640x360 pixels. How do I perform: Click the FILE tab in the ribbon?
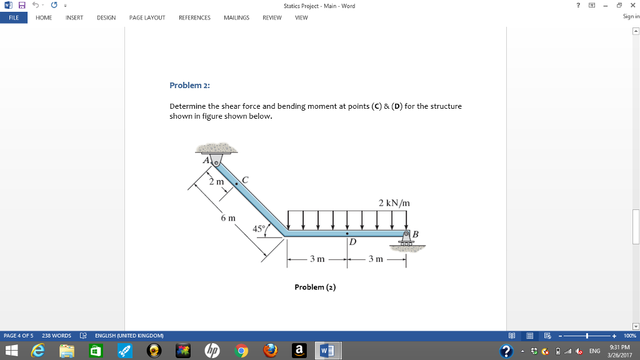click(13, 17)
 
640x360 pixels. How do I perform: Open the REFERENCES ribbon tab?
click(194, 17)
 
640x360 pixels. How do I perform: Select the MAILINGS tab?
click(236, 17)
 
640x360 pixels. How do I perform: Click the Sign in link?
click(631, 17)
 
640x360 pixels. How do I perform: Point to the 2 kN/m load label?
click(394, 203)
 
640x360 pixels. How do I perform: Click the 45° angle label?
click(259, 228)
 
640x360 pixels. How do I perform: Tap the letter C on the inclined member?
click(245, 180)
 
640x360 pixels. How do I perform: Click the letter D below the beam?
click(352, 241)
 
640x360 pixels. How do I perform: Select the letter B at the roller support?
click(416, 234)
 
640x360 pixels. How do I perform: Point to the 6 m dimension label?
click(228, 218)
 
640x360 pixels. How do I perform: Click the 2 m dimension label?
click(216, 182)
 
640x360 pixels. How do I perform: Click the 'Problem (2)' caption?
click(315, 287)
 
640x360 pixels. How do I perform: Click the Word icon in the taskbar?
click(328, 351)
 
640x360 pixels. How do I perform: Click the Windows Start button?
click(12, 351)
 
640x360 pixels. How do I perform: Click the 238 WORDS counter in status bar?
click(56, 336)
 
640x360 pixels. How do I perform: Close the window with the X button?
click(632, 6)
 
